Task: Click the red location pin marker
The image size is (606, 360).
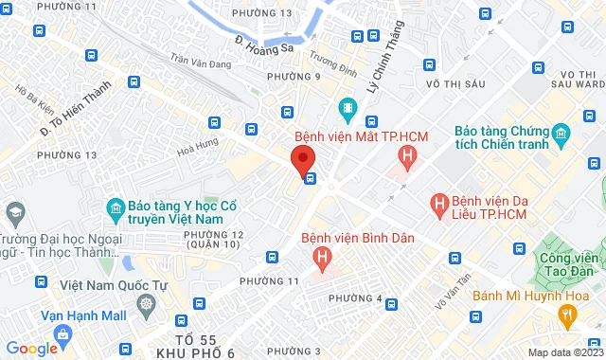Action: click(302, 158)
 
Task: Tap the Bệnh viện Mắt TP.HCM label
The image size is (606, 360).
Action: click(362, 137)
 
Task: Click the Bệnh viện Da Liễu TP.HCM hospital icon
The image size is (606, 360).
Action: click(439, 202)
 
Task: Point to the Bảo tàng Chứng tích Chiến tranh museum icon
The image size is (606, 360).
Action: click(561, 132)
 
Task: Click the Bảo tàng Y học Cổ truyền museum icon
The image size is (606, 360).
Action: click(116, 207)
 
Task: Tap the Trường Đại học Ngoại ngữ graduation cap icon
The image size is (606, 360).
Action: click(14, 209)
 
